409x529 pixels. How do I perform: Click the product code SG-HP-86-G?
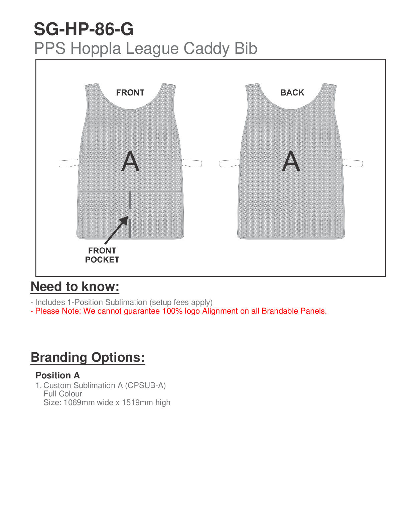(x=84, y=29)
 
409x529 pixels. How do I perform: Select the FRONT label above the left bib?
(x=130, y=93)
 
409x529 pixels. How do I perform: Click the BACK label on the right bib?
(x=292, y=93)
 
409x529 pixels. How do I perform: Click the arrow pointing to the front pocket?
(x=117, y=230)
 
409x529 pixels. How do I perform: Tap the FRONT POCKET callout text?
(x=102, y=255)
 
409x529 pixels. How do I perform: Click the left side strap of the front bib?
(x=69, y=163)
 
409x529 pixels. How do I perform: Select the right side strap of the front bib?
(x=192, y=163)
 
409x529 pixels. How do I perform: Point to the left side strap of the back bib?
(x=230, y=163)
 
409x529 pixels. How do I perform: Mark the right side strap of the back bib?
(x=353, y=163)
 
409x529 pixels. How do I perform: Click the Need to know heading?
(x=75, y=287)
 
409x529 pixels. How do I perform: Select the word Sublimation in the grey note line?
(x=126, y=302)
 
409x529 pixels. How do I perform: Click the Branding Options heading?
(x=88, y=357)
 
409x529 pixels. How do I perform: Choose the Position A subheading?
(x=57, y=375)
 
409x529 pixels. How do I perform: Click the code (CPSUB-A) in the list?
(x=145, y=385)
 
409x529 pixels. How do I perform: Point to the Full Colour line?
(x=63, y=394)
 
